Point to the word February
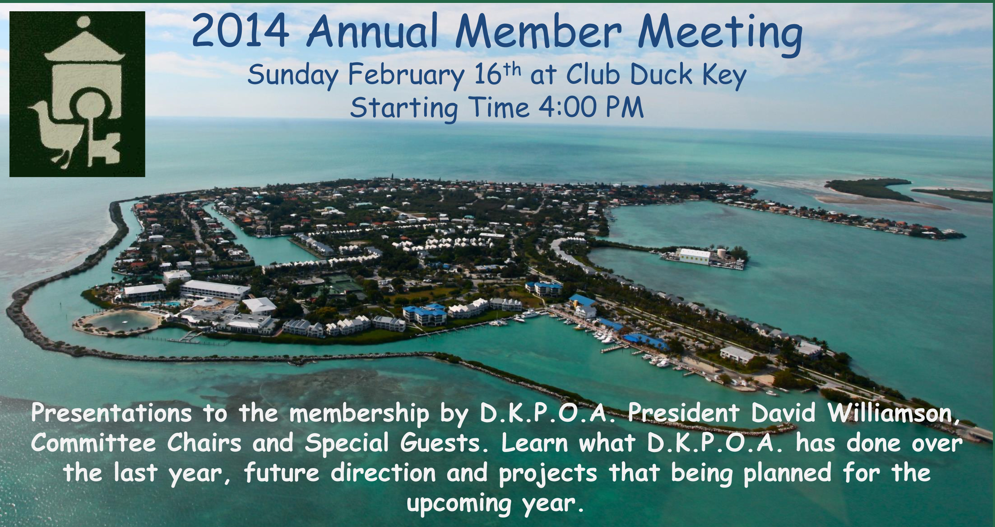tap(406, 76)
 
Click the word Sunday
tap(293, 76)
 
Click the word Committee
tap(94, 443)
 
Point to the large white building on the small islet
tap(695, 256)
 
